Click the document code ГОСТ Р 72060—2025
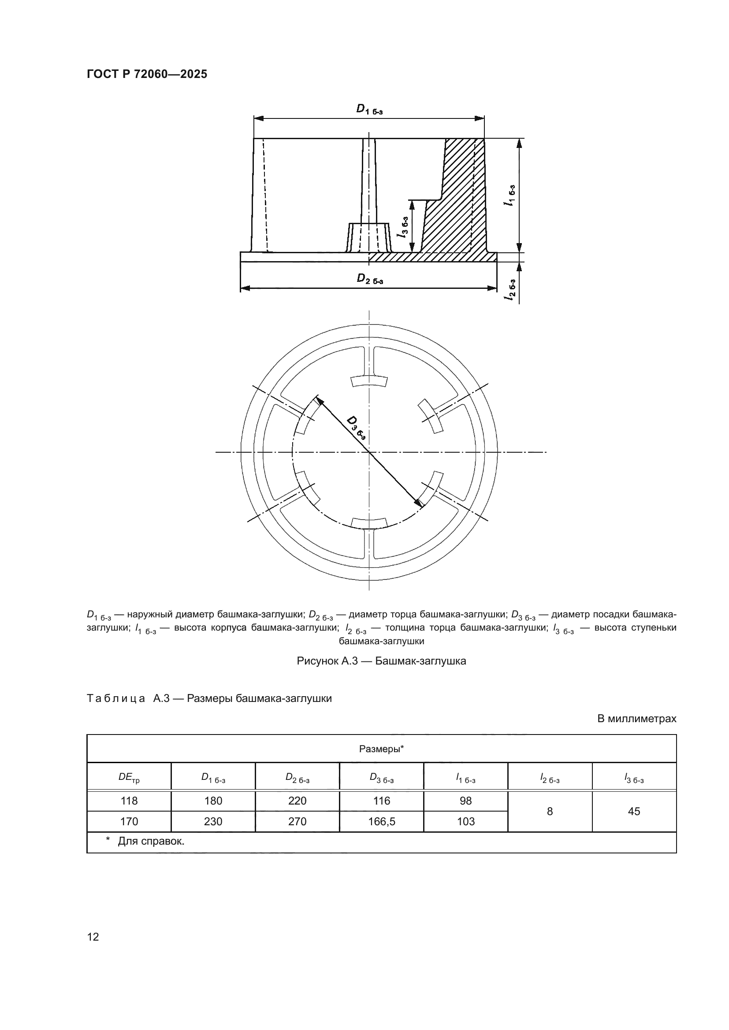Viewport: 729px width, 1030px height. click(x=147, y=74)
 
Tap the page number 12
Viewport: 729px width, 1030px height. click(x=93, y=937)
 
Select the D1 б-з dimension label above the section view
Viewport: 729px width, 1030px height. click(x=369, y=109)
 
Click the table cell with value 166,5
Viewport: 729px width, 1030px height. click(x=381, y=821)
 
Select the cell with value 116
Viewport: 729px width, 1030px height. click(x=381, y=801)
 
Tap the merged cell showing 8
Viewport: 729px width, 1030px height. click(x=550, y=811)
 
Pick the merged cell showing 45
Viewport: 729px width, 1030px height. click(x=634, y=811)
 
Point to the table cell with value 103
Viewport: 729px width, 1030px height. click(x=465, y=821)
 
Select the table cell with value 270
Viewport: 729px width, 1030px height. click(x=297, y=821)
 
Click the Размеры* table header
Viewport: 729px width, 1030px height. click(x=381, y=749)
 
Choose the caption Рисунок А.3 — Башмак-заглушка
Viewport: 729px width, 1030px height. click(x=381, y=661)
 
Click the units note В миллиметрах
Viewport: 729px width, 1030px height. click(x=636, y=719)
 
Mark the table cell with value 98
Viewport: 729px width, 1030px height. click(x=465, y=801)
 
